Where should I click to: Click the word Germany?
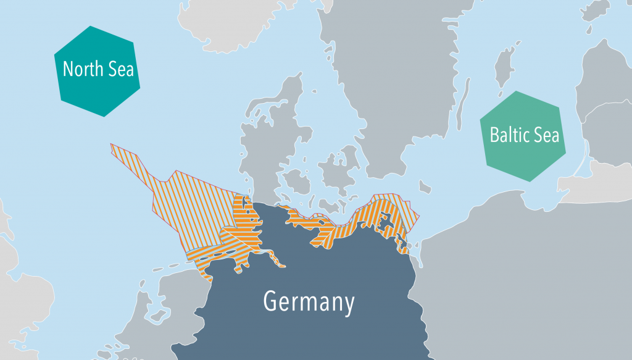pos(309,302)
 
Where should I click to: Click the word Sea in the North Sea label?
pos(121,69)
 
